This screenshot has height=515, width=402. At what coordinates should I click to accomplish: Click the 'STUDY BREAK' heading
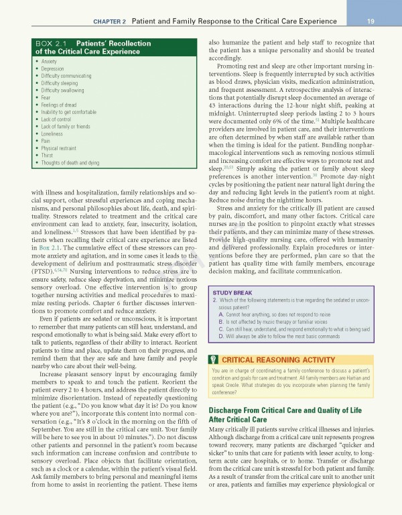(x=231, y=293)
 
